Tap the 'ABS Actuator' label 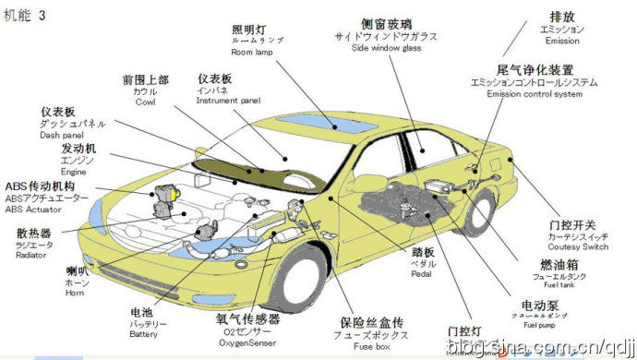34,210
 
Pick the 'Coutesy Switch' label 578,247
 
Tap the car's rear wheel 476,208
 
